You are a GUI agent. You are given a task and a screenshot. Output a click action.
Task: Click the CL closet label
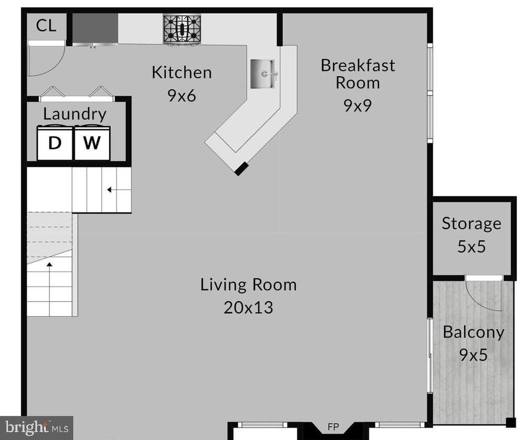point(46,26)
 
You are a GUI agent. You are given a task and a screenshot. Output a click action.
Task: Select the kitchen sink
point(263,74)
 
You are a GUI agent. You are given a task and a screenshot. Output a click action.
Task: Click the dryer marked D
point(55,142)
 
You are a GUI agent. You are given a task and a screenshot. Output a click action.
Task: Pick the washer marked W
point(92,142)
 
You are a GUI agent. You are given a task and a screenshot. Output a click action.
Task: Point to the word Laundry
point(75,114)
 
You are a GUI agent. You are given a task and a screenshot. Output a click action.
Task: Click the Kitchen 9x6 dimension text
point(182,96)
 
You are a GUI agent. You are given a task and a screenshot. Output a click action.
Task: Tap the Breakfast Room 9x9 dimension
point(358,106)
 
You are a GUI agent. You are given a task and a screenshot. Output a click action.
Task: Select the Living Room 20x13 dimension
point(248,308)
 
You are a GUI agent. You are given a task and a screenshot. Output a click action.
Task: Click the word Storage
point(472,224)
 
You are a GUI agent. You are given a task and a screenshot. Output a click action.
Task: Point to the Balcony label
point(474,333)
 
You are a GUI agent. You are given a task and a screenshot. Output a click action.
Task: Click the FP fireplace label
point(333,427)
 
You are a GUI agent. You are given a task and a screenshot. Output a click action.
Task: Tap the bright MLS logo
point(37,427)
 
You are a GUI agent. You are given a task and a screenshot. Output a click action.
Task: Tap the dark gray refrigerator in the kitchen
point(95,28)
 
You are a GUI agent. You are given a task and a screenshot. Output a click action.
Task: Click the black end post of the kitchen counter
point(242,169)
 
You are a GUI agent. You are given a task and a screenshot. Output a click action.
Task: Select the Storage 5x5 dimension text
point(472,247)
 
